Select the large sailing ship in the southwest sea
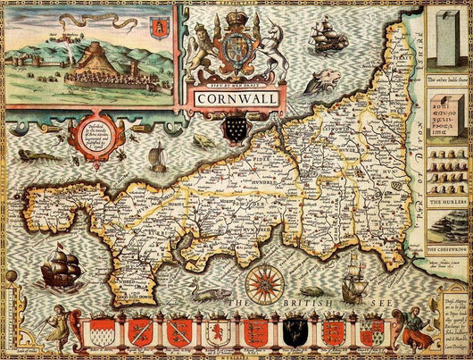point(61,268)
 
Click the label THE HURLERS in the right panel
point(445,202)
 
